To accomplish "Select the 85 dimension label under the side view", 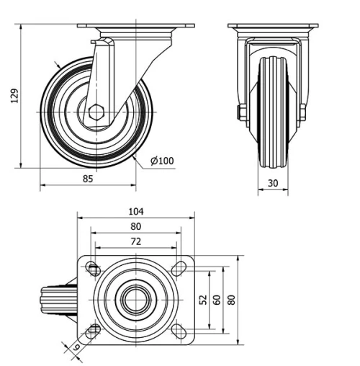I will pyautogui.click(x=87, y=177).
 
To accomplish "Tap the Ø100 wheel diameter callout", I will pyautogui.click(x=163, y=160).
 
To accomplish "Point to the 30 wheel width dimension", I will pyautogui.click(x=273, y=183).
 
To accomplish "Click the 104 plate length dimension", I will pyautogui.click(x=136, y=211).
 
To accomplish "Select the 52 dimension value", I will pyautogui.click(x=203, y=298).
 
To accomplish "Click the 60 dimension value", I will pyautogui.click(x=216, y=298).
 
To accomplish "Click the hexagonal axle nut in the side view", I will pyautogui.click(x=96, y=112).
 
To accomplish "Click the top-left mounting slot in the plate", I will pyautogui.click(x=94, y=269).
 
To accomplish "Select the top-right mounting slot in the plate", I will pyautogui.click(x=179, y=269).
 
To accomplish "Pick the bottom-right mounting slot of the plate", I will pyautogui.click(x=179, y=331).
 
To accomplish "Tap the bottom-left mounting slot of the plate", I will pyautogui.click(x=94, y=331).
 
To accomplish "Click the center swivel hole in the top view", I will pyautogui.click(x=135, y=300).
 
